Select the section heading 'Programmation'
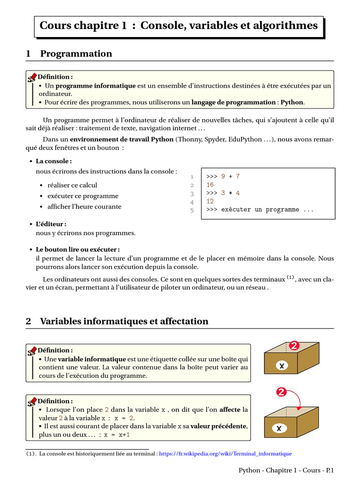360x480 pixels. coord(76,53)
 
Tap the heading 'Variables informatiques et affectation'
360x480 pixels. coord(124,321)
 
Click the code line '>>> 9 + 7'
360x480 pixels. coord(223,176)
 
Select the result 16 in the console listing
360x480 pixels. coord(210,185)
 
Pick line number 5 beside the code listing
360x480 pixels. coord(192,210)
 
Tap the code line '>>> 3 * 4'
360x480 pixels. coord(223,193)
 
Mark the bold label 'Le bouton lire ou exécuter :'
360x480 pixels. coord(78,249)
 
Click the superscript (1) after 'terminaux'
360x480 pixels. coord(290,277)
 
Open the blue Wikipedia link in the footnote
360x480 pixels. coord(225,454)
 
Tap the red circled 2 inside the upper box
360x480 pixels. coord(294,346)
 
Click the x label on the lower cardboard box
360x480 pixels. coord(279,428)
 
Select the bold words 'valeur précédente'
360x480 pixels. coord(218,426)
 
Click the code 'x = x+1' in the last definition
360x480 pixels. coord(117,435)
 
